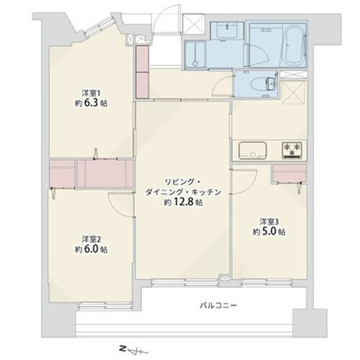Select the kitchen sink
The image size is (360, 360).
pyautogui.click(x=253, y=150)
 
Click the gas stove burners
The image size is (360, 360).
pyautogui.click(x=292, y=149)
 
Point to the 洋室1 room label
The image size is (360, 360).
pyautogui.click(x=91, y=93)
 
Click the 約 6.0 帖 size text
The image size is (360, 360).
pyautogui.click(x=91, y=250)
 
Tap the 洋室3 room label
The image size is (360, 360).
pyautogui.click(x=269, y=221)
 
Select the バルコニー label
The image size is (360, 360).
pyautogui.click(x=218, y=305)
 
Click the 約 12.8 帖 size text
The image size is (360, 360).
pyautogui.click(x=183, y=202)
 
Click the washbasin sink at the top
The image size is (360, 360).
pyautogui.click(x=227, y=30)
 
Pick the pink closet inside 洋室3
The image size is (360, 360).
pyautogui.click(x=289, y=174)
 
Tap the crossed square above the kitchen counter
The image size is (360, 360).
pyautogui.click(x=294, y=92)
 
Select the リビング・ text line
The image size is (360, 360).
pyautogui.click(x=182, y=182)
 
